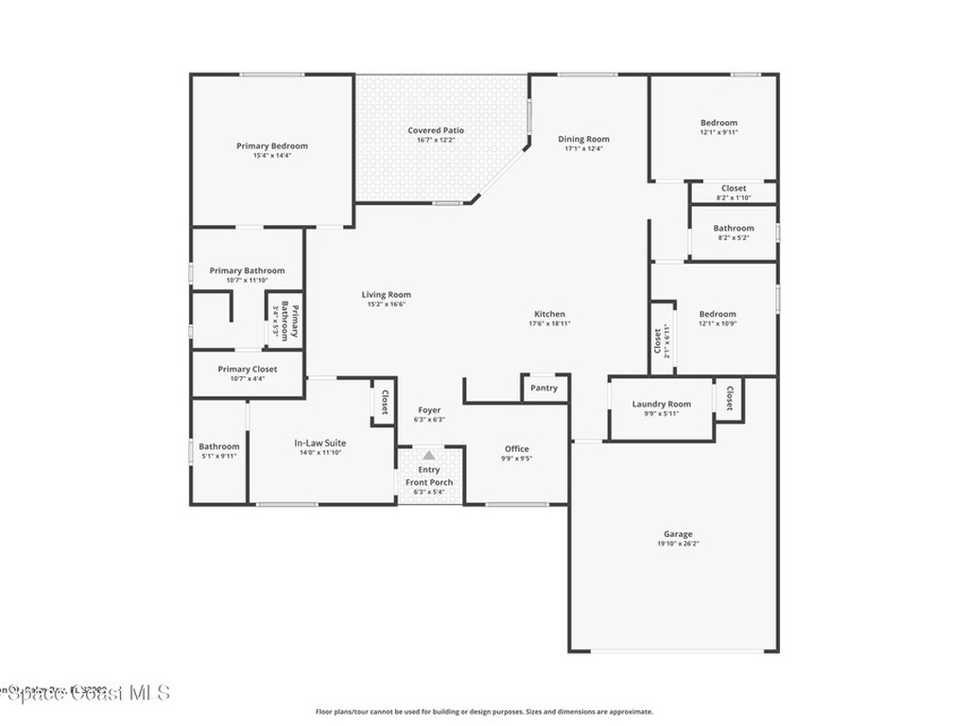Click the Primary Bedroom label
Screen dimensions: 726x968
click(x=272, y=146)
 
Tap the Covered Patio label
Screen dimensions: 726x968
click(x=436, y=130)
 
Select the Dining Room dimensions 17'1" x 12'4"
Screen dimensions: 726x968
click(x=583, y=148)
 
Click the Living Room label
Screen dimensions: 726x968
click(x=386, y=295)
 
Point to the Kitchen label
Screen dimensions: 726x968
click(x=549, y=314)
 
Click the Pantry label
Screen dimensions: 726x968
click(x=544, y=388)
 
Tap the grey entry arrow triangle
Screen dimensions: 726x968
click(x=428, y=455)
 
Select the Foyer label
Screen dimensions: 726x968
click(x=429, y=410)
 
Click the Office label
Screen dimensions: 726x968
click(x=516, y=449)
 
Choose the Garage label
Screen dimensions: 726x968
click(x=678, y=534)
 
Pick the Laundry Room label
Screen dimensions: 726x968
click(x=662, y=404)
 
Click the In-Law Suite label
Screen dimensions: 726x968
click(x=320, y=442)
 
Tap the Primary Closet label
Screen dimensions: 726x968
click(x=248, y=369)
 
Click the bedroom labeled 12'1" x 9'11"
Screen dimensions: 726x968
click(x=718, y=123)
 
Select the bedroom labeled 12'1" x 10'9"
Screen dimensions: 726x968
click(x=717, y=314)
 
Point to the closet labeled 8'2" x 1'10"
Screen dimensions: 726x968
click(x=734, y=188)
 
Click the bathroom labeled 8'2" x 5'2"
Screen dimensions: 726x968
click(x=734, y=228)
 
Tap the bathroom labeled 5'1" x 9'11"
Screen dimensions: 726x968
click(x=219, y=446)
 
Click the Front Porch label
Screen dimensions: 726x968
click(x=429, y=482)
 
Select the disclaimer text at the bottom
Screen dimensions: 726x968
click(x=484, y=712)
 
